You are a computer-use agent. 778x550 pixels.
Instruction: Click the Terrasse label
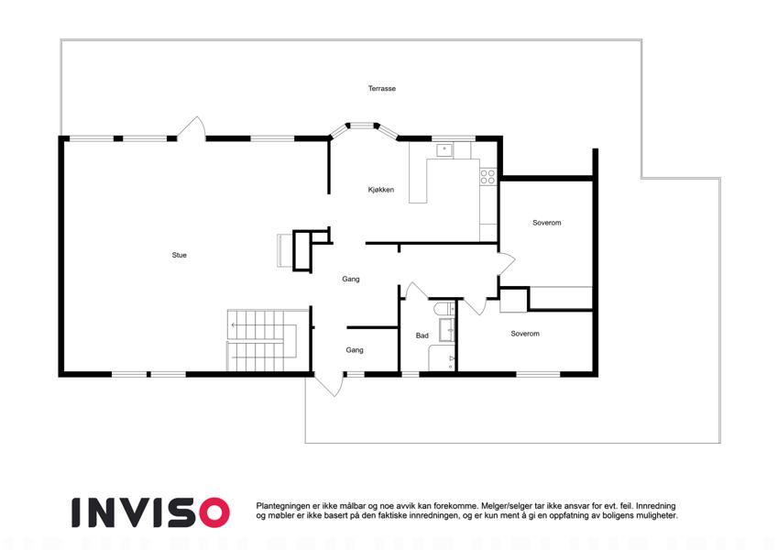381,88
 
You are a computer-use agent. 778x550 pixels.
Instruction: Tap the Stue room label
179,255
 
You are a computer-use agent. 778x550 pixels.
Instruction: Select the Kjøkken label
381,190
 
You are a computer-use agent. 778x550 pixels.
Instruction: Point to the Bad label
422,335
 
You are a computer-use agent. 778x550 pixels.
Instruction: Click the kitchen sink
444,150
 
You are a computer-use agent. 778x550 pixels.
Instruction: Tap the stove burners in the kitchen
488,177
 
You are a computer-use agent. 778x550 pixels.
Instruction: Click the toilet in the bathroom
444,309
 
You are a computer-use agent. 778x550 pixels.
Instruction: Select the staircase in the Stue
261,340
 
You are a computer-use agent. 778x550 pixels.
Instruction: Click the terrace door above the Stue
192,128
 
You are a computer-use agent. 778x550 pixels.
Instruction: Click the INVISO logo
150,512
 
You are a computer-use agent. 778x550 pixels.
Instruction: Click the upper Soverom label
547,223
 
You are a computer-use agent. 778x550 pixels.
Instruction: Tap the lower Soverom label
525,334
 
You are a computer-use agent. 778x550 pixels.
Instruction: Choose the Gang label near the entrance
355,350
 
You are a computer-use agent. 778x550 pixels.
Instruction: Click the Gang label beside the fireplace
351,279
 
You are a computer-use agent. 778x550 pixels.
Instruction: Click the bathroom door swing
416,291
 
